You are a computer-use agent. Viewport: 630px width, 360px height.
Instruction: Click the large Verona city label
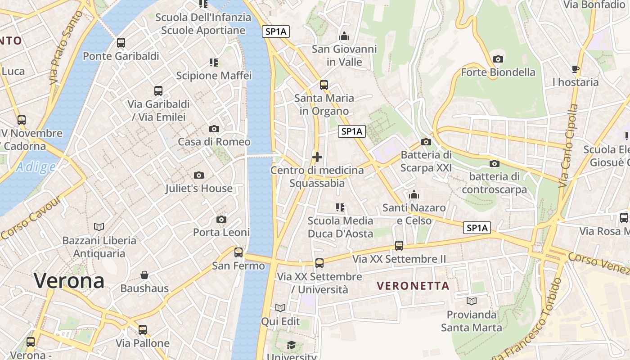69,281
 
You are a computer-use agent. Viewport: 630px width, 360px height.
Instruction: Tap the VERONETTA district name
413,286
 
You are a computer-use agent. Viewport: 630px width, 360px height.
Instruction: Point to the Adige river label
36,167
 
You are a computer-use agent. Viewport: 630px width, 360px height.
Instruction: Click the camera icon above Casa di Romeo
214,129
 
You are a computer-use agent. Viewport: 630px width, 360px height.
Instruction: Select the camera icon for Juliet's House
199,175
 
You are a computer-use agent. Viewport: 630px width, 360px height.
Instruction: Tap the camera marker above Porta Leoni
221,220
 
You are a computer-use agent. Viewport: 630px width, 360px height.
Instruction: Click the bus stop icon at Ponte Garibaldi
121,43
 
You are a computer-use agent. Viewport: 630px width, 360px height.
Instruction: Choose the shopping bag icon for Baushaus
144,275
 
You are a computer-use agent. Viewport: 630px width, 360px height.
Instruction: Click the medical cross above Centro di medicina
317,157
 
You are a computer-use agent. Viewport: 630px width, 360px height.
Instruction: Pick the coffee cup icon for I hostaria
575,69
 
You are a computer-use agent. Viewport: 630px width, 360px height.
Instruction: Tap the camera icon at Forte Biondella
498,59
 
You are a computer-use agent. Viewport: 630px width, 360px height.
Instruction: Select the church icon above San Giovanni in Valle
344,36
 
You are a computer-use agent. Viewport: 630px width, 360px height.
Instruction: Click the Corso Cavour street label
31,218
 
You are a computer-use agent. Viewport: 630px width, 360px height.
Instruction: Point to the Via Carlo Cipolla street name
568,146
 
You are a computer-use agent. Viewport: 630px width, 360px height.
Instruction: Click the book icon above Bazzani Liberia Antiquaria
99,227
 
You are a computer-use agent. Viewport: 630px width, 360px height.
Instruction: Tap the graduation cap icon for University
291,345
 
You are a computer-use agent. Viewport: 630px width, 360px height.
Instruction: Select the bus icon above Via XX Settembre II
399,246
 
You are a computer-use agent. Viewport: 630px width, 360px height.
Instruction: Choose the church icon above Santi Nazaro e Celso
414,194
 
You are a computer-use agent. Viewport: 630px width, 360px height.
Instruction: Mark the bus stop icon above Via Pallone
143,330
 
